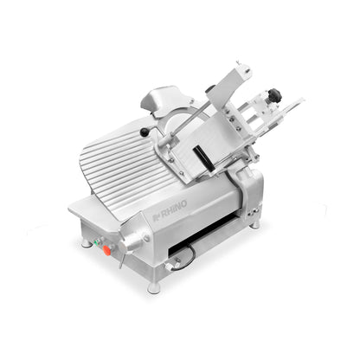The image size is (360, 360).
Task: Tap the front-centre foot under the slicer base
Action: pos(152,286)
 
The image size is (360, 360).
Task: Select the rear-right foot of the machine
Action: pos(254,224)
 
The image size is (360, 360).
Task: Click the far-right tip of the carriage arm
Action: pos(301,102)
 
